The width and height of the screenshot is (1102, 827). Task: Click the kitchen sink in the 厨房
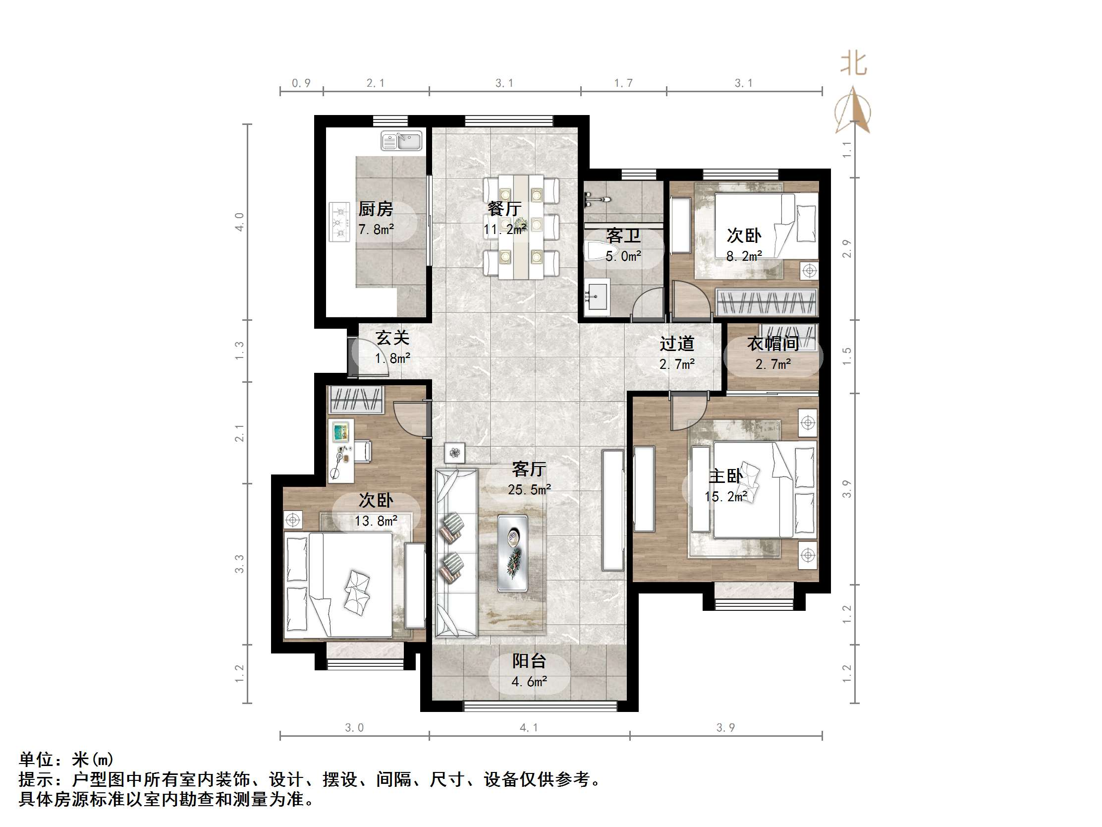coord(401,141)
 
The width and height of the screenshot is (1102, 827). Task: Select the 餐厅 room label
coord(504,209)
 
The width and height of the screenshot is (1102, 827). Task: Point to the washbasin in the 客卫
coord(596,297)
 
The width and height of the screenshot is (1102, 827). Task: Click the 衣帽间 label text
coord(772,344)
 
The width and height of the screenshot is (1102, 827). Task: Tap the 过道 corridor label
coord(676,344)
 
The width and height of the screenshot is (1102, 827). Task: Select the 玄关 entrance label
coord(392,338)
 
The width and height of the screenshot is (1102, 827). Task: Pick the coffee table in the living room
coord(513,553)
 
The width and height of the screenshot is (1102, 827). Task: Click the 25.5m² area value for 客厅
coord(529,489)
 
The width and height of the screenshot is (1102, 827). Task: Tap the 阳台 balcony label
coord(529,661)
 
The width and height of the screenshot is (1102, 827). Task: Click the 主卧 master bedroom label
coord(725,476)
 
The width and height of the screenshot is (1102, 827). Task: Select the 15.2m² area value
coord(725,496)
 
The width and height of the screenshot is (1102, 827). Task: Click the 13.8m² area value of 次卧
coord(376,521)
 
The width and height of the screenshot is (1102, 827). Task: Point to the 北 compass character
coord(853,64)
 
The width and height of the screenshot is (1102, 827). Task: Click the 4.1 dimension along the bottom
coord(529,728)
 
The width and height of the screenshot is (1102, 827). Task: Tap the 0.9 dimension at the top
coord(301,83)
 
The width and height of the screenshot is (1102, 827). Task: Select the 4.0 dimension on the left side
coord(240,222)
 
